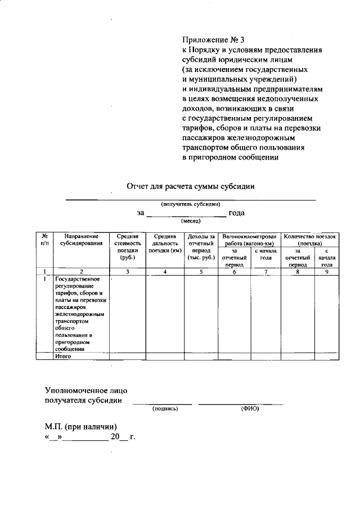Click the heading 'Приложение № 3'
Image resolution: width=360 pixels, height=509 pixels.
coord(213,40)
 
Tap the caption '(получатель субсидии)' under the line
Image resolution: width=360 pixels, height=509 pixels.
coord(190,204)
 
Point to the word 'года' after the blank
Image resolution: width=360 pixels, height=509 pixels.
coord(236,213)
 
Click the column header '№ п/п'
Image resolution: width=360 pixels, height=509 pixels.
coord(44,240)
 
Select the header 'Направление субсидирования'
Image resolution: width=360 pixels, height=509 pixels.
coord(82,240)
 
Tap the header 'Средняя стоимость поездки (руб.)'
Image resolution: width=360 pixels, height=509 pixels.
coord(128,247)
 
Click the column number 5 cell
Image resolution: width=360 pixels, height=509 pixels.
coord(201,272)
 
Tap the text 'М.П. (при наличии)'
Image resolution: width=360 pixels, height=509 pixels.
coord(81,426)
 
